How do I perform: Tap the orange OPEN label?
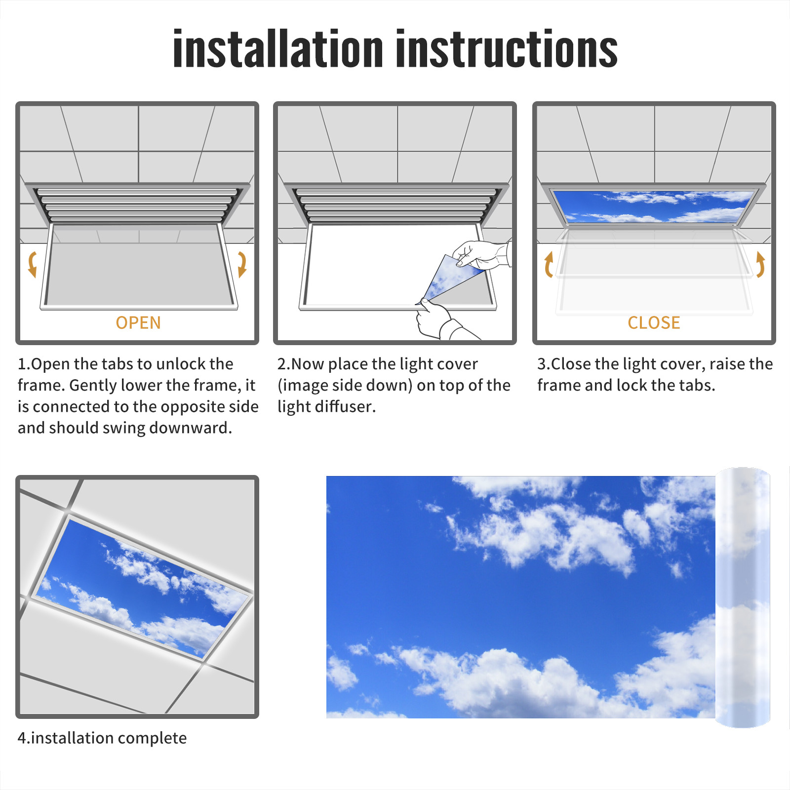point(138,323)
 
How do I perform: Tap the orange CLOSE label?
point(654,323)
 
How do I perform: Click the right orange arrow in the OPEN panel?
point(242,264)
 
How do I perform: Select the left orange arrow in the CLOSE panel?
point(548,264)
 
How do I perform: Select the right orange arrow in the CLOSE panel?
point(761,264)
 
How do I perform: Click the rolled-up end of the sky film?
point(743,597)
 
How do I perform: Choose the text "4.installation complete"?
point(102,738)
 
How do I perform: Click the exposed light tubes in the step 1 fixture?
point(137,204)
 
